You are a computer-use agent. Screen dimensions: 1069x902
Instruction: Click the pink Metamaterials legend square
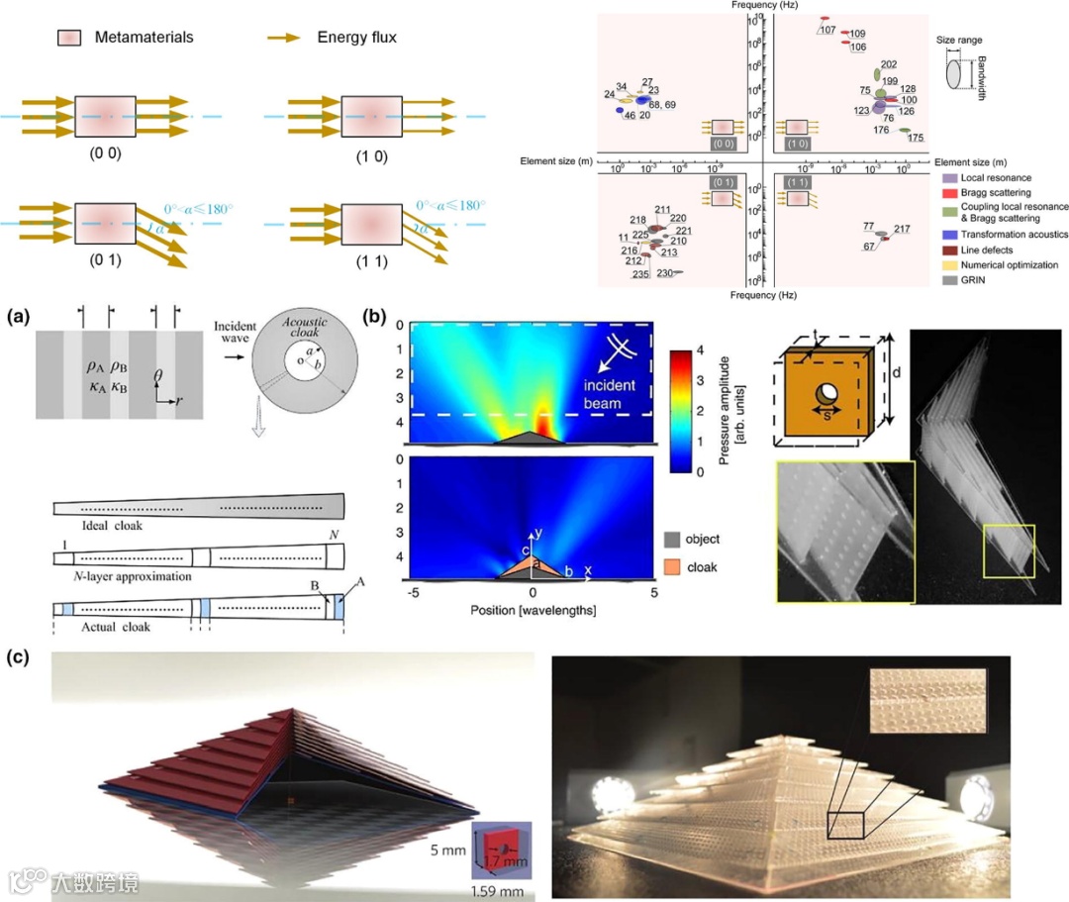68,38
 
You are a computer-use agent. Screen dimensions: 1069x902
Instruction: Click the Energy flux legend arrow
284,38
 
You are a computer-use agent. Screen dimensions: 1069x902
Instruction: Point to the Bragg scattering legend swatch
947,191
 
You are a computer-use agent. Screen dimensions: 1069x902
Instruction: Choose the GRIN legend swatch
947,280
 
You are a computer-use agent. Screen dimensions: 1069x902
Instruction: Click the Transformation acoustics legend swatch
947,235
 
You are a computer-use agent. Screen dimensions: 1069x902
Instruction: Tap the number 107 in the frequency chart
827,30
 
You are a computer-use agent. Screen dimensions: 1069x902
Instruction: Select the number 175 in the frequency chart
917,138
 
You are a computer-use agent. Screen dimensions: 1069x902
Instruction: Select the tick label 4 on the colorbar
702,351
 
